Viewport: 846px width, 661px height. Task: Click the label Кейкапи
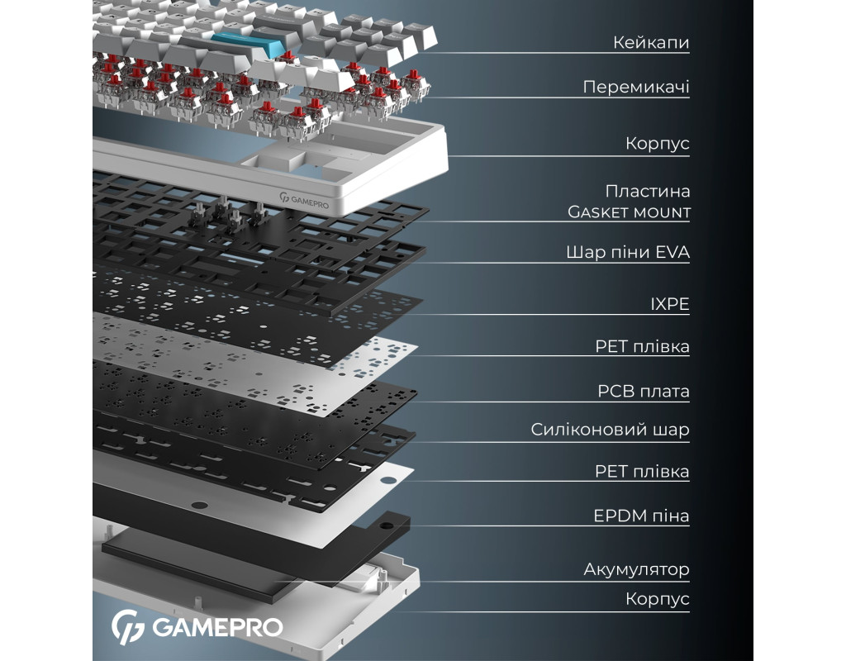pyautogui.click(x=650, y=42)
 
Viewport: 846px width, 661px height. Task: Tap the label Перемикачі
pyautogui.click(x=635, y=87)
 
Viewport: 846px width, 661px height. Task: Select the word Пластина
pyautogui.click(x=647, y=191)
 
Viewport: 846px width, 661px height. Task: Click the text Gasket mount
pyautogui.click(x=629, y=212)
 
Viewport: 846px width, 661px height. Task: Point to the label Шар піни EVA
pyautogui.click(x=627, y=252)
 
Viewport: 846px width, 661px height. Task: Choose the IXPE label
pyautogui.click(x=669, y=305)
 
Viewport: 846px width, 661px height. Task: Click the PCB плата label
pyautogui.click(x=643, y=391)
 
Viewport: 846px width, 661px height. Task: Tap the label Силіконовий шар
pyautogui.click(x=610, y=430)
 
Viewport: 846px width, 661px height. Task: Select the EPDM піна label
pyautogui.click(x=641, y=516)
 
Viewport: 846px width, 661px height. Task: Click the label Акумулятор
pyautogui.click(x=636, y=569)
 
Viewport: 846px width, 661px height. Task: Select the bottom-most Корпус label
pyautogui.click(x=657, y=599)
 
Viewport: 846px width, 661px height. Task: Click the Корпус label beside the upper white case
pyautogui.click(x=657, y=144)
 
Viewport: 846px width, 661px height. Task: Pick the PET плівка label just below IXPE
pyautogui.click(x=642, y=346)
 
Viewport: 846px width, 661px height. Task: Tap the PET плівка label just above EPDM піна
pyautogui.click(x=642, y=472)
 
